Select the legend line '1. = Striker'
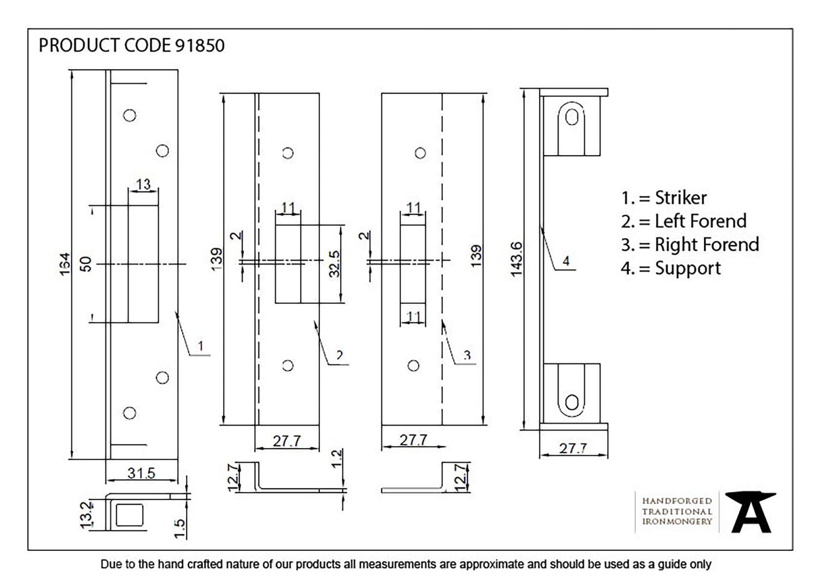pos(664,198)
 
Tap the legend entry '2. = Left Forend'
pos(684,221)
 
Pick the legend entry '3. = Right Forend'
pos(690,244)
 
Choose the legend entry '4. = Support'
pos(671,268)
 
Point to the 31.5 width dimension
pos(141,473)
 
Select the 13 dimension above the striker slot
pos(143,185)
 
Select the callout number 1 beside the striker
pos(200,346)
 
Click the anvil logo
pos(750,512)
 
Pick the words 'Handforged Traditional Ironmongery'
pos(676,511)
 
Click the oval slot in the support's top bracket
pos(571,117)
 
